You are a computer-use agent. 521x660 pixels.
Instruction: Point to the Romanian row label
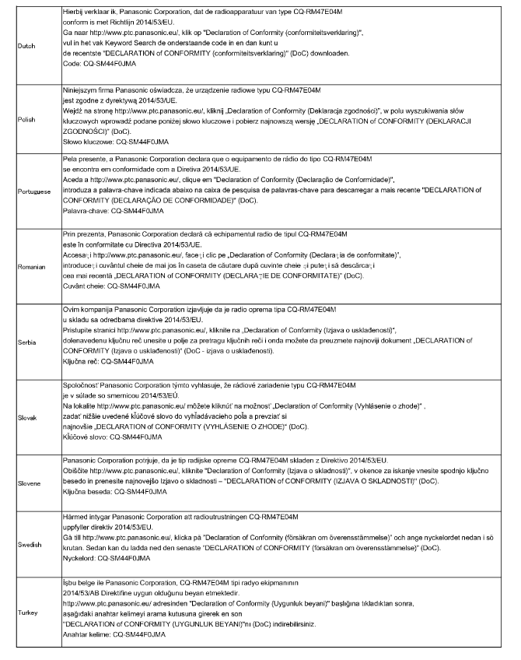coord(29,265)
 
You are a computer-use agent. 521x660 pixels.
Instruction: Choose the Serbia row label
coord(25,340)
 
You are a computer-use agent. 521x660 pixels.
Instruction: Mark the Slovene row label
coord(27,483)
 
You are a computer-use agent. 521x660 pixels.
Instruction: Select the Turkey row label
coord(25,613)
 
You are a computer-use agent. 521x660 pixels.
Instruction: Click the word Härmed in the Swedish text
coord(75,516)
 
